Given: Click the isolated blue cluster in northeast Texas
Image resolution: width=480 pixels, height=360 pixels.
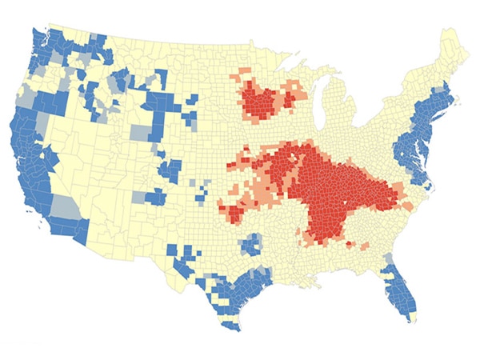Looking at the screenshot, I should click(253, 243).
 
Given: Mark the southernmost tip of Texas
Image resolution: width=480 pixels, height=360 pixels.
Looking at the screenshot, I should click(232, 330).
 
